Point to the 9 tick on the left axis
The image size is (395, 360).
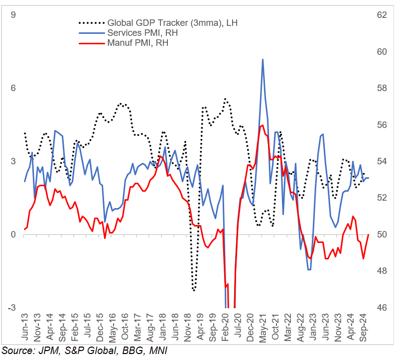pos(13,15)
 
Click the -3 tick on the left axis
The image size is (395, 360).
pos(11,308)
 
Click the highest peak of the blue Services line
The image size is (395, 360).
pos(263,59)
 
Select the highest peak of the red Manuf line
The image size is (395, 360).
pos(262,125)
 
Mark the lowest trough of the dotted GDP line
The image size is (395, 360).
pos(194,290)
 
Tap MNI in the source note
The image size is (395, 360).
pos(157,351)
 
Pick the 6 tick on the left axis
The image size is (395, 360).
pos(13,88)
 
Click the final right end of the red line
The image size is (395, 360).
pos(369,235)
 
